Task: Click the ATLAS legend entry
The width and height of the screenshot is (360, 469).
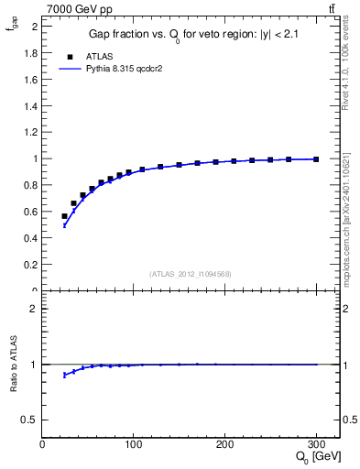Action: pos(98,56)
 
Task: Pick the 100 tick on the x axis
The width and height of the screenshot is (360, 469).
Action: pos(133,444)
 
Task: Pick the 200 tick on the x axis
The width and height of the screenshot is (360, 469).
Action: pos(224,444)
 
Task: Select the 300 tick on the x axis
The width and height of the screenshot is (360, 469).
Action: pos(316,444)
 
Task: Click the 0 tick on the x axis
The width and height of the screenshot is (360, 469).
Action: pos(42,444)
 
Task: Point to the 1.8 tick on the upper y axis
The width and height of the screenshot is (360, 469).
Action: pos(30,52)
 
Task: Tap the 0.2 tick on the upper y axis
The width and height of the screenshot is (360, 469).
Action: pos(30,265)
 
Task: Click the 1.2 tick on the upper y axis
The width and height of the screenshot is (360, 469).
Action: pos(30,132)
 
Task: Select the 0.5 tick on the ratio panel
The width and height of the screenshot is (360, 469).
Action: pos(30,420)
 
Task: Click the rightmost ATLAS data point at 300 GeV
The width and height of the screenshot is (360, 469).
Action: pos(316,158)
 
